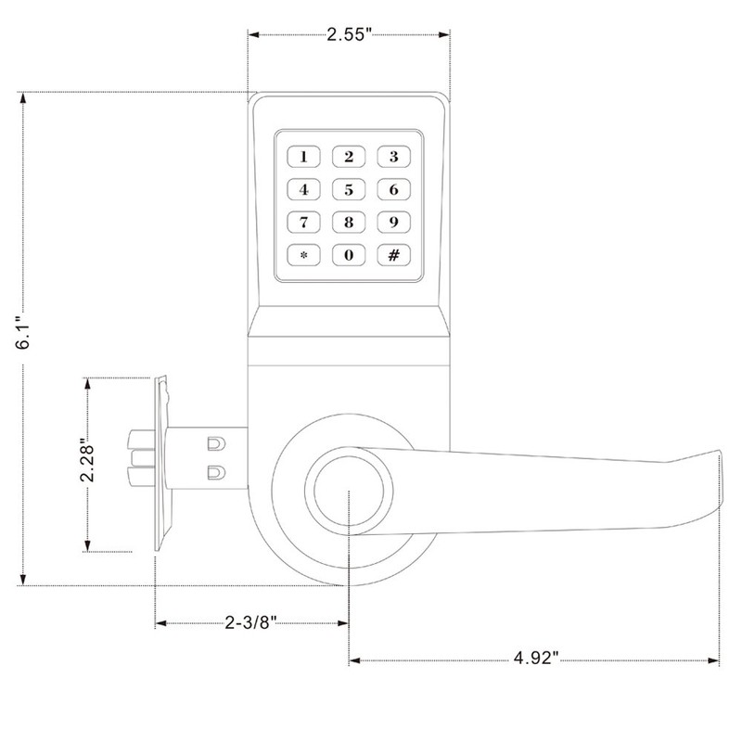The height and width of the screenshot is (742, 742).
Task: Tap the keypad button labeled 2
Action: [349, 156]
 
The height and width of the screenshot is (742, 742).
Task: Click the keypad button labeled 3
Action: [393, 156]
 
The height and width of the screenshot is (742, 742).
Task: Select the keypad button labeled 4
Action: [303, 190]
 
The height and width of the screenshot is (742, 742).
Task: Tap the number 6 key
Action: [393, 190]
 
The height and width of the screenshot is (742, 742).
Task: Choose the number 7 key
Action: [303, 222]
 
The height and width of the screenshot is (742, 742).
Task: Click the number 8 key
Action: [349, 222]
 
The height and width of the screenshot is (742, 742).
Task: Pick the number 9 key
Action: [393, 222]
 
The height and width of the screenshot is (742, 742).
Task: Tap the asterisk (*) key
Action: [303, 254]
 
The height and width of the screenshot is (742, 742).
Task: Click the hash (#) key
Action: [393, 254]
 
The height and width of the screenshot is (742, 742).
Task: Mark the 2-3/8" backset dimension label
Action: [251, 622]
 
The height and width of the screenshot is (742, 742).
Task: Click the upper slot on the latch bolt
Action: [214, 442]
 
